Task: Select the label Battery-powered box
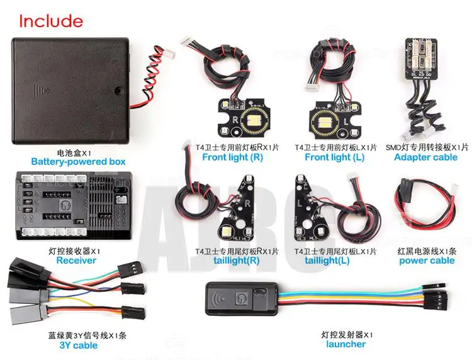pos(78,162)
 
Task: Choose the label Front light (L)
pos(335,157)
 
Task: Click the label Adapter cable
pos(426,157)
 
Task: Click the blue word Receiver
pos(76,261)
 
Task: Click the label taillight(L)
pos(327,261)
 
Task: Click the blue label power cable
pos(427,261)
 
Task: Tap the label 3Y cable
pos(78,345)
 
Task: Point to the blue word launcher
pos(346,344)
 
